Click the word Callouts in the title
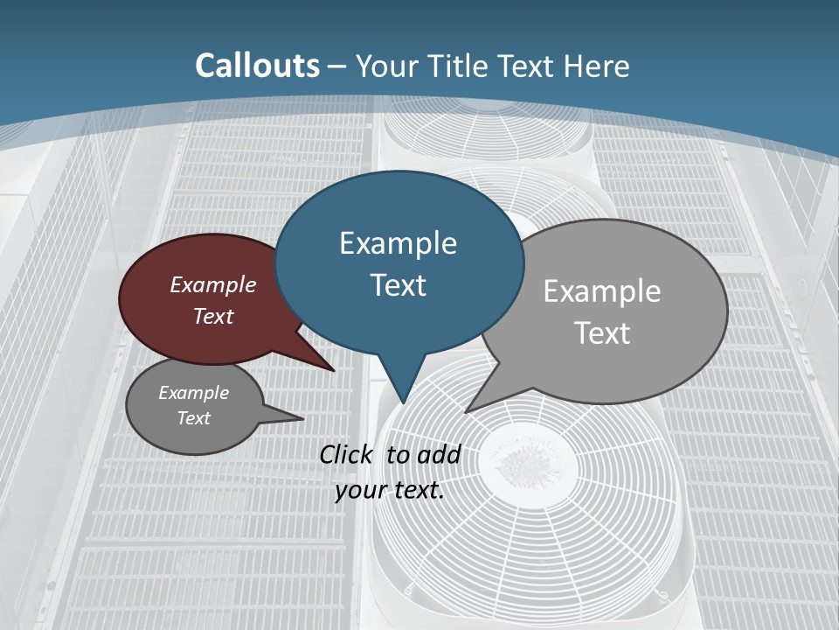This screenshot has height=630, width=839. point(257,66)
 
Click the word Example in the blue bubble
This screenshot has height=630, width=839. point(398,243)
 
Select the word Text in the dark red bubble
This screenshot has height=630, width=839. point(213,316)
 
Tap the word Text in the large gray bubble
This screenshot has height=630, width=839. point(603,333)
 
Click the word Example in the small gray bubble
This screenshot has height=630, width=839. point(193,393)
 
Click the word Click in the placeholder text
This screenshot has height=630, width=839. point(346,454)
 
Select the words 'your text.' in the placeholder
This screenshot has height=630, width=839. point(390,490)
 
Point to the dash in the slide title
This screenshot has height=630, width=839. point(337,66)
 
